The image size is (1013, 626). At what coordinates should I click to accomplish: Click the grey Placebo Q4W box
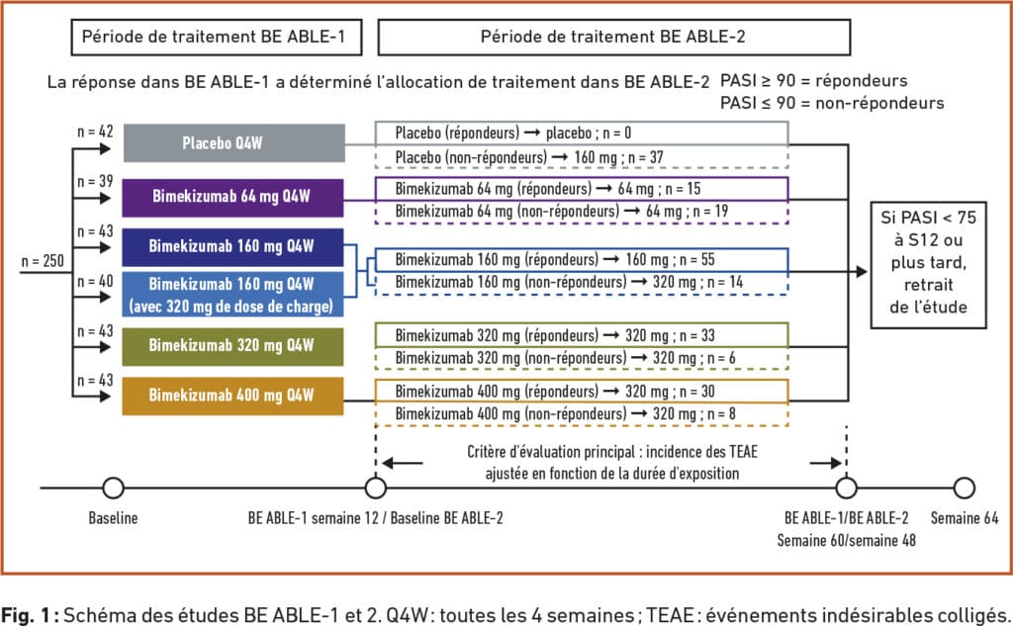pos(233,142)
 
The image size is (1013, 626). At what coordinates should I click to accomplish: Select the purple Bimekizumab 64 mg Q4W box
pos(233,195)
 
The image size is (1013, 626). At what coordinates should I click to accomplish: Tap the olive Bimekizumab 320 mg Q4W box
pos(233,345)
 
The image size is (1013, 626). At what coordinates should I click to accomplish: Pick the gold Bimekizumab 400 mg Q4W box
pos(233,396)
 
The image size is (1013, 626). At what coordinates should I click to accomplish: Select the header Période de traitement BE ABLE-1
pos(215,39)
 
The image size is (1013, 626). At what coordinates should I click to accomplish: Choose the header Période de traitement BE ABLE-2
pos(613,39)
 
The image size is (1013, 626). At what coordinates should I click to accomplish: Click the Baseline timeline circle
pos(114,488)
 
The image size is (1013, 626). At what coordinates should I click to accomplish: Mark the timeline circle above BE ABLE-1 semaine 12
pos(375,488)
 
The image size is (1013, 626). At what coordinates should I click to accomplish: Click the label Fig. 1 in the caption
pos(31,609)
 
